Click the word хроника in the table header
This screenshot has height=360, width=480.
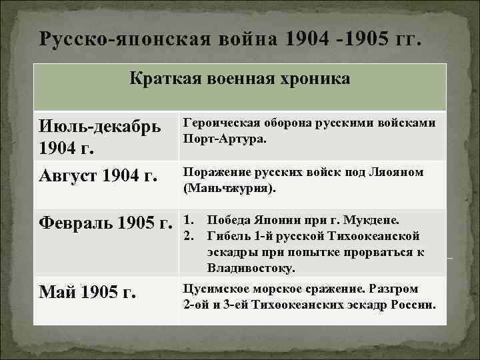pos(314,80)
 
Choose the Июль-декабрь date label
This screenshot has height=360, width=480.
pos(101,126)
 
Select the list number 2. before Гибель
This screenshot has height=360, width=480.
pos(188,235)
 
